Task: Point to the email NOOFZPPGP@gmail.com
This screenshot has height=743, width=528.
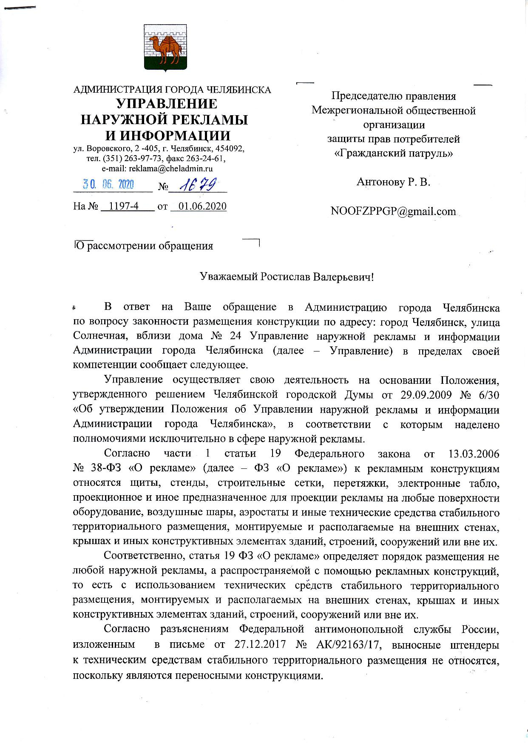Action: coord(393,211)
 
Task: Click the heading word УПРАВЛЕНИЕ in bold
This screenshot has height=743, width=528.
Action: coord(167,104)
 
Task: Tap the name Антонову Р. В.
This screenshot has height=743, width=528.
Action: coord(393,182)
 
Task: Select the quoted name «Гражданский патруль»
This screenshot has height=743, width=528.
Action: coord(393,153)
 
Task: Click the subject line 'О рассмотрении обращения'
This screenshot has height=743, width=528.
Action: coord(144,246)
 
